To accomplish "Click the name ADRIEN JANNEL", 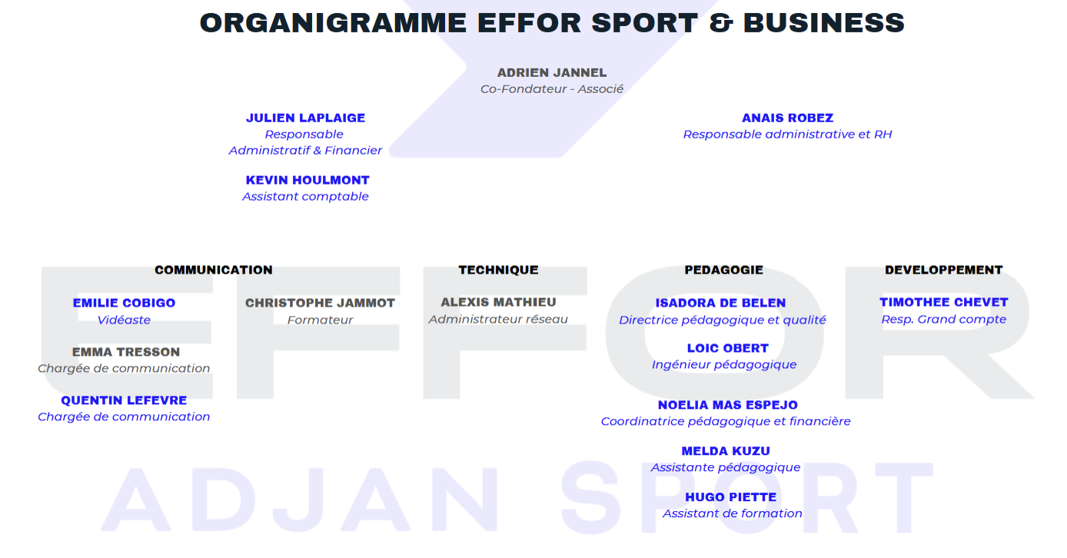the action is pos(552,73).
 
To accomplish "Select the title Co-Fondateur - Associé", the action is pos(552,89).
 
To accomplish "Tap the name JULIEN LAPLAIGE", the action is pos(305,118).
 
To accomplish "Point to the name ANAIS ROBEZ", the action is pos(787,118).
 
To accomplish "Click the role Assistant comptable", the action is pos(305,197).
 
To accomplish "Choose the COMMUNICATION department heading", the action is pos(214,270).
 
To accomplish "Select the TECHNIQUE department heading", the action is pos(498,270).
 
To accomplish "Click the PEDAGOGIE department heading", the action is pos(723,270).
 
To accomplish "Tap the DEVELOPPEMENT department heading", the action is pos(944,270).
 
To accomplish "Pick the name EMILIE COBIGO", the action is pos(124,303).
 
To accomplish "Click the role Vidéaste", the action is pos(124,320).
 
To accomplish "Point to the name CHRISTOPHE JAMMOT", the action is pos(320,303).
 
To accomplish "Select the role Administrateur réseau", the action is pos(498,319).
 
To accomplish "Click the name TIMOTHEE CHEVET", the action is pos(944,302).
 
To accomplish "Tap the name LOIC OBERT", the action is pos(727,348).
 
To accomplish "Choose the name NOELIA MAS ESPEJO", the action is pos(727,405).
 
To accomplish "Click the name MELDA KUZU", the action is pos(726,451).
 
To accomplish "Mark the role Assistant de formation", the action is pos(732,513).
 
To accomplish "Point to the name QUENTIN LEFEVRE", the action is pos(124,400).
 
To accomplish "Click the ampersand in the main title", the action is pos(721,23).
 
